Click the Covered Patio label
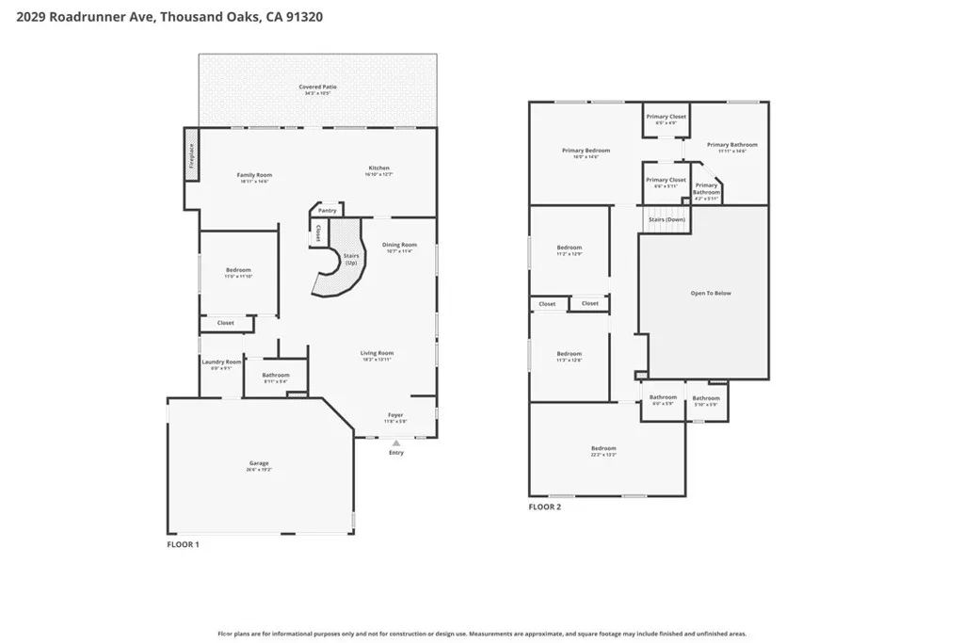317,87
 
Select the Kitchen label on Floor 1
378,169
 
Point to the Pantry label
327,210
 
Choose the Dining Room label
399,245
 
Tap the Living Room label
377,353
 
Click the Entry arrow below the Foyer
395,442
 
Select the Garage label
259,462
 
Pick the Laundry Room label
221,362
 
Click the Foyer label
395,414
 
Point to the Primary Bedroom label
586,151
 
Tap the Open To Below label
711,293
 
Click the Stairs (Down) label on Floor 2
667,219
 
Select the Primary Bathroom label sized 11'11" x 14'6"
731,145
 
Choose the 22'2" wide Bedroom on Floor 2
603,448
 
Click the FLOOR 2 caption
544,506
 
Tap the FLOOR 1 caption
183,544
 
